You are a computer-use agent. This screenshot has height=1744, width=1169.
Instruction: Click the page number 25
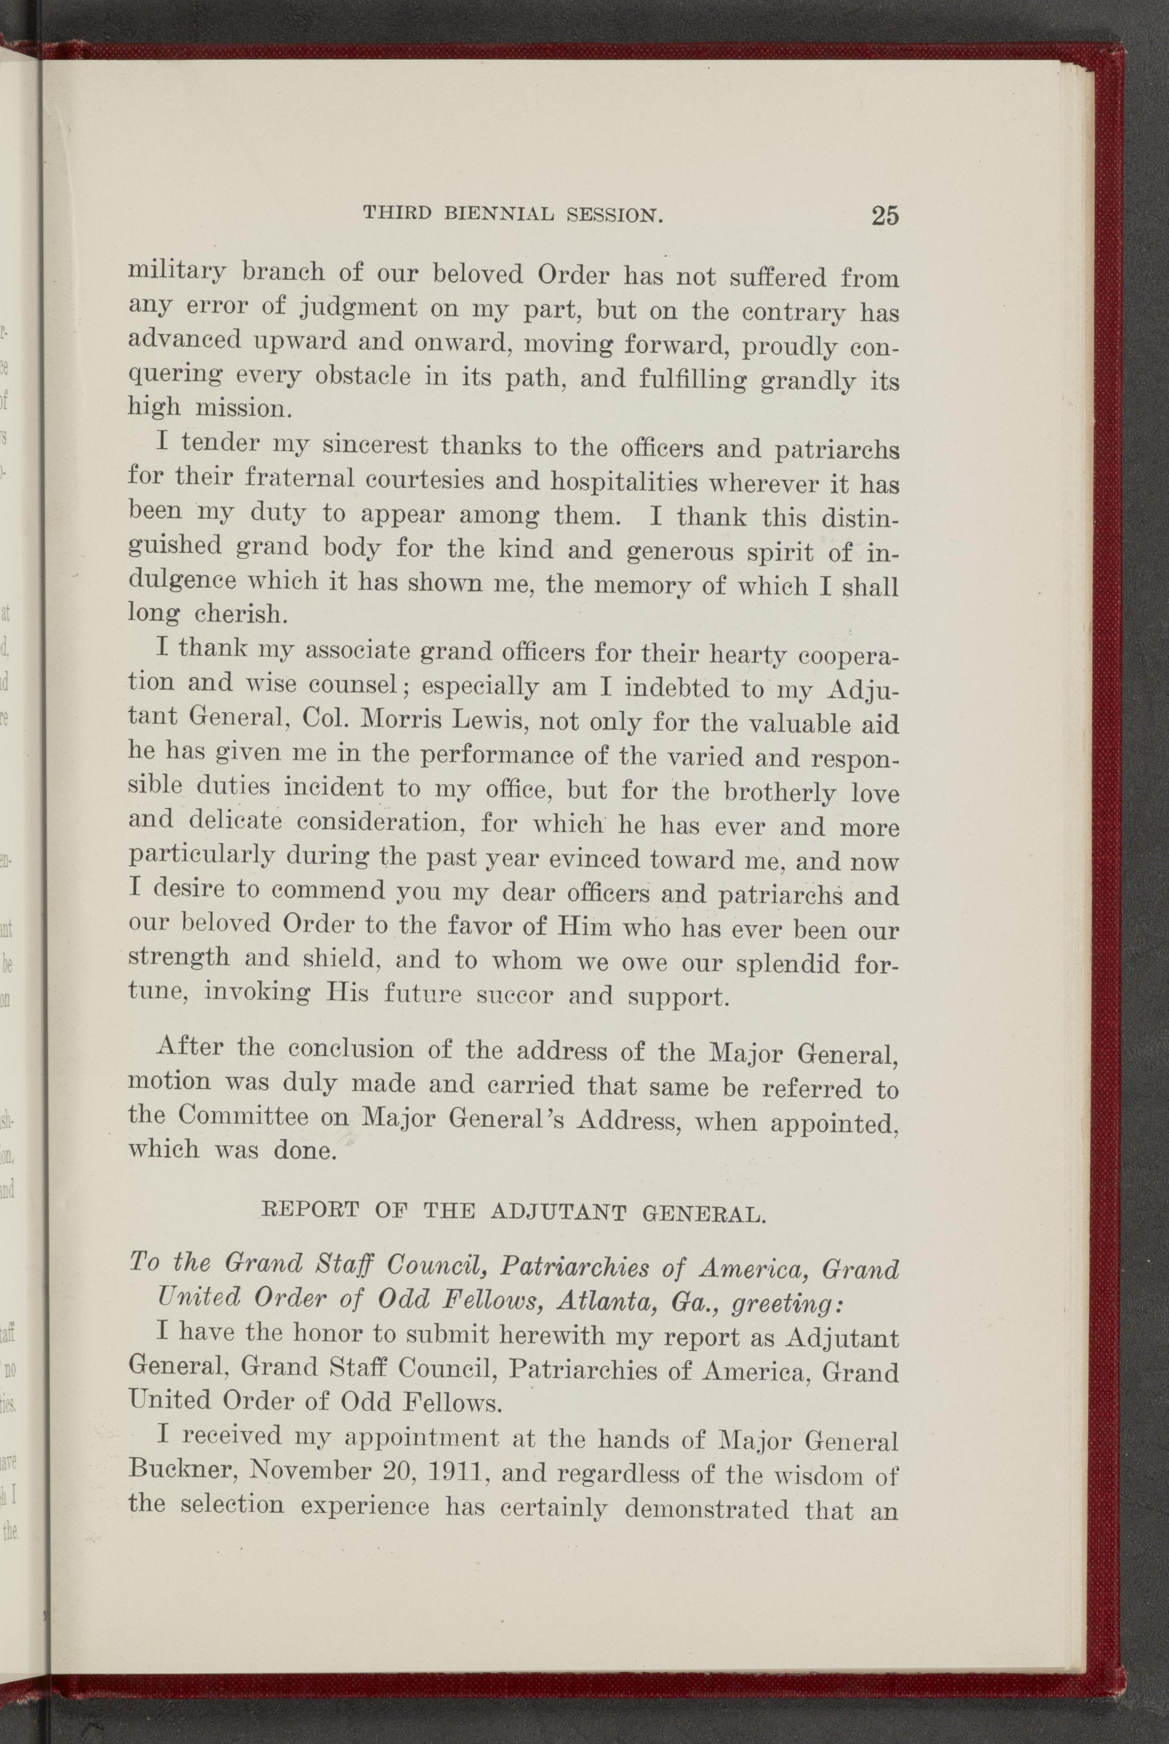click(x=884, y=216)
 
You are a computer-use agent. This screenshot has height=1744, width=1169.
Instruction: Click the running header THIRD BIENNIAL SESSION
click(x=513, y=215)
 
